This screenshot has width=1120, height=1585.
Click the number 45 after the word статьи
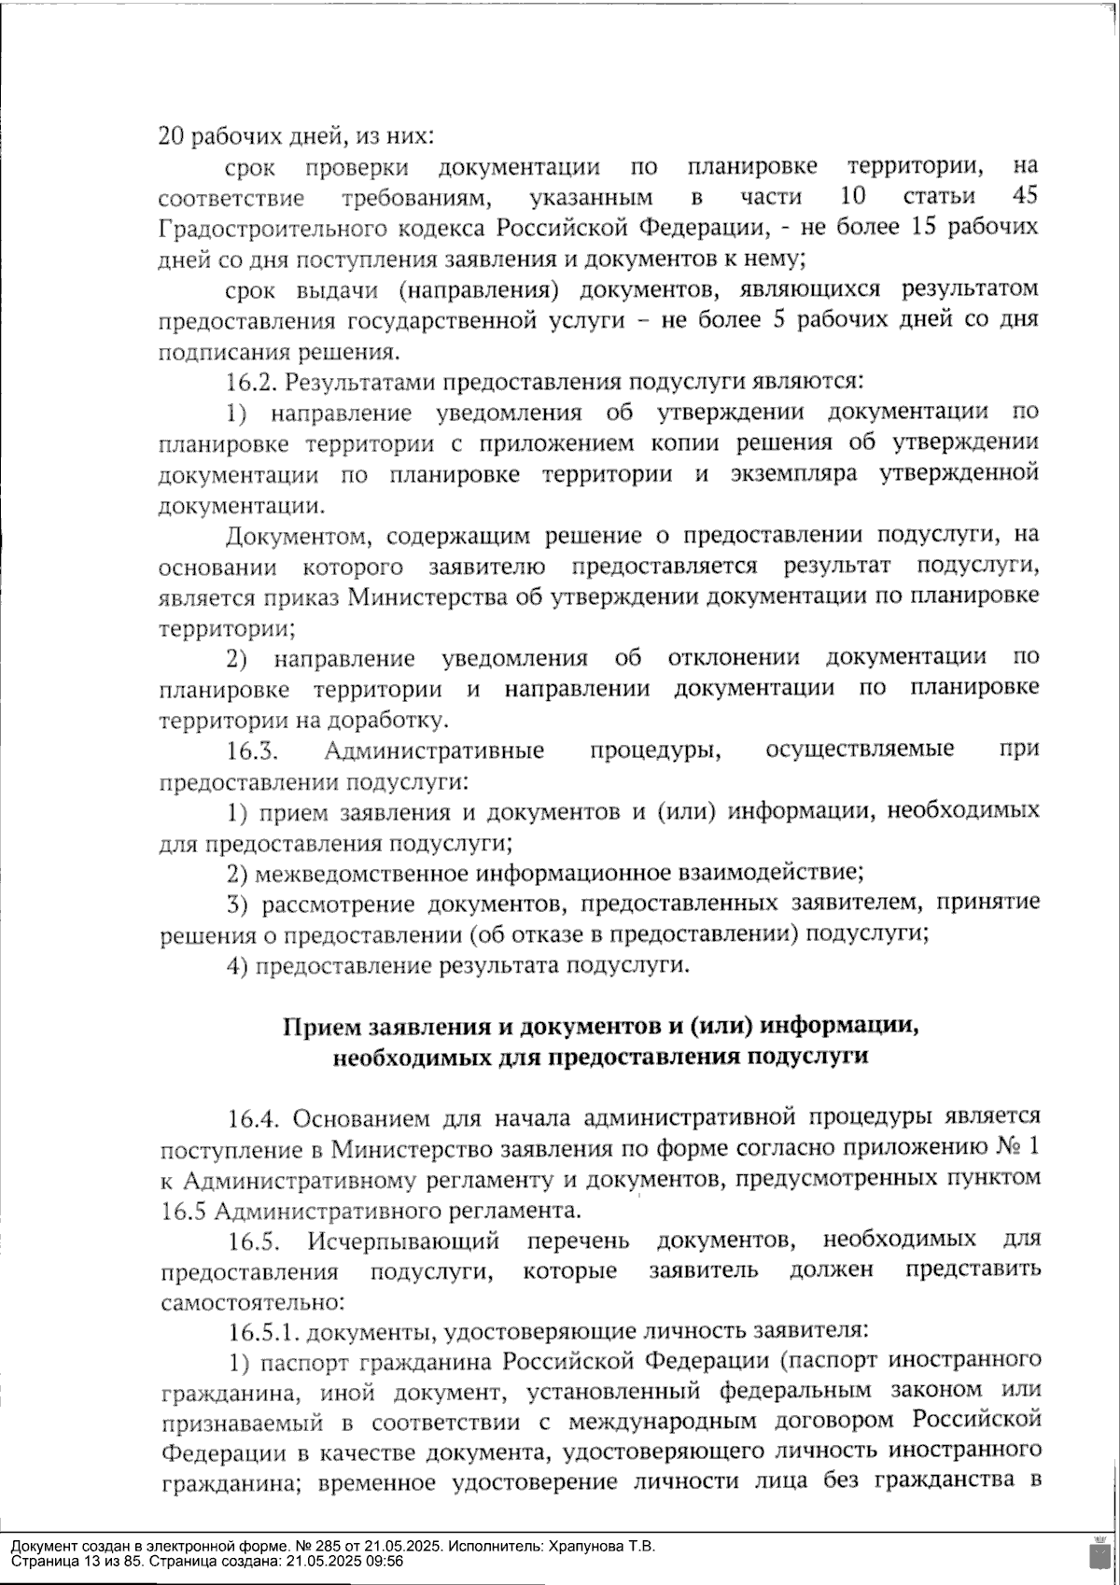(1024, 197)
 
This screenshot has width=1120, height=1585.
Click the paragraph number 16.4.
(254, 1118)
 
